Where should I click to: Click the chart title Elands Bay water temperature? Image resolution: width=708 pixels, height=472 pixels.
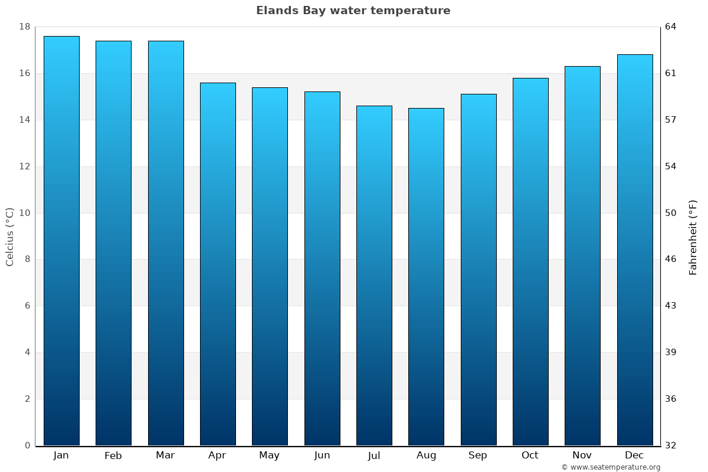353,11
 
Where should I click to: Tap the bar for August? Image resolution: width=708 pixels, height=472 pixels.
426,277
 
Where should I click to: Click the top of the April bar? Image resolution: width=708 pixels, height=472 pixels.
218,84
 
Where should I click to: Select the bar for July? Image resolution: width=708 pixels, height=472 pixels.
374,276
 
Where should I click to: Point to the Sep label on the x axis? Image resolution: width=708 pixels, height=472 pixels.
478,455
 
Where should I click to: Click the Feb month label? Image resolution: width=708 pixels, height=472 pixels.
113,455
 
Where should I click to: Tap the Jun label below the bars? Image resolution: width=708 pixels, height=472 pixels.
322,455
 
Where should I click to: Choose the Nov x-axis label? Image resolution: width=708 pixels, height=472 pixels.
582,455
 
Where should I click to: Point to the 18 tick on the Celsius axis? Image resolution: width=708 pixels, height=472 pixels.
25,27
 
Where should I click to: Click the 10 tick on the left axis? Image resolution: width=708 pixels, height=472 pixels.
25,213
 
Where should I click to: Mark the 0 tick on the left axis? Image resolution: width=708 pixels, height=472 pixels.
27,445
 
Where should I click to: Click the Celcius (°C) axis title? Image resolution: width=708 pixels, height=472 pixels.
10,237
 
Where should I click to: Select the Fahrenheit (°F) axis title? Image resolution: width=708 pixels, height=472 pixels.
693,237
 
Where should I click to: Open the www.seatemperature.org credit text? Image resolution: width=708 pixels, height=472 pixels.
611,467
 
